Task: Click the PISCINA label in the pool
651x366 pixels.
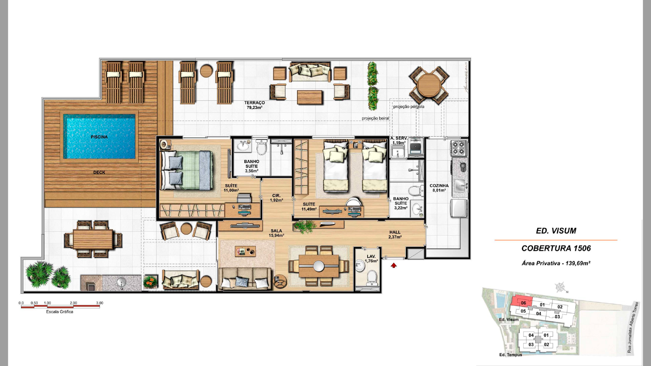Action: tap(99, 137)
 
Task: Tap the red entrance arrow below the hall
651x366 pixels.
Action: tap(394, 266)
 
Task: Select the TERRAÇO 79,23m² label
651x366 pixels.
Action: tap(254, 105)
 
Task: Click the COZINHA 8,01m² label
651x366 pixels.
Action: tap(439, 188)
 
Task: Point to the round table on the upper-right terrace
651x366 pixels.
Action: tap(429, 85)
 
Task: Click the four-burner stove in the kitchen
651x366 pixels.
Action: tap(459, 148)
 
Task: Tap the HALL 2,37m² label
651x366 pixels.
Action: tap(395, 235)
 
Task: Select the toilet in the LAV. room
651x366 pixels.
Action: tap(372, 277)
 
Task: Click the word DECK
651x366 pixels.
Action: tap(99, 172)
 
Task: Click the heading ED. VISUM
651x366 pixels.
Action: tap(556, 231)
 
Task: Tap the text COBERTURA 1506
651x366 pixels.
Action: tap(556, 248)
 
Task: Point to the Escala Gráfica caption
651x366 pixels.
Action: tap(60, 312)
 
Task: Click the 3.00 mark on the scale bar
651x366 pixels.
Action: tap(99, 303)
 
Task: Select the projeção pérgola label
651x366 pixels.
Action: tap(409, 107)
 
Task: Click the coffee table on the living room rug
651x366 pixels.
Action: tap(245, 251)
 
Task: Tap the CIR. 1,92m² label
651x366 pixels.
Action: tap(276, 198)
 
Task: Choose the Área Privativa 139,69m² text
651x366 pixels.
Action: tap(556, 263)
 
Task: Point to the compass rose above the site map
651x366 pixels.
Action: tap(561, 287)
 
